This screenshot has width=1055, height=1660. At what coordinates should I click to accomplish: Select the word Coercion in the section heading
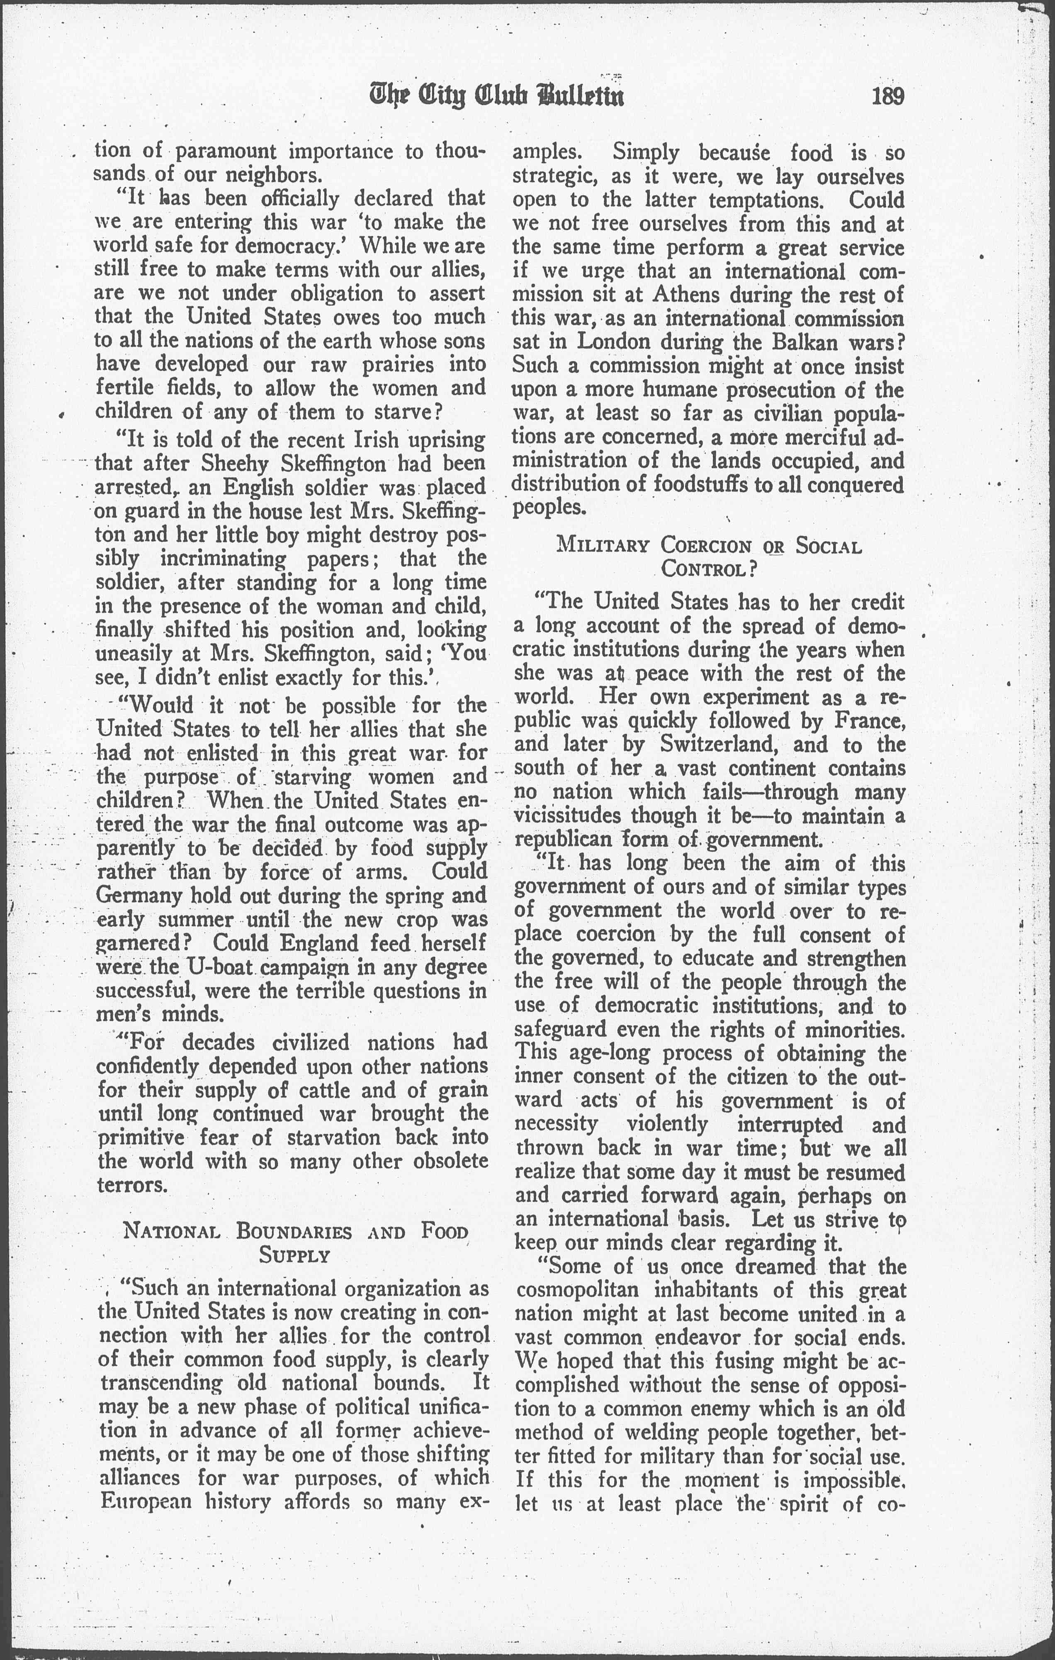(x=706, y=546)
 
